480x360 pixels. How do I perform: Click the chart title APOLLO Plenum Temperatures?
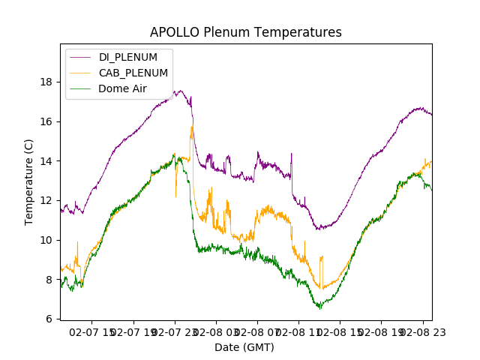(246, 32)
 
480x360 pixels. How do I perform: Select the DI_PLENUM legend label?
(128, 57)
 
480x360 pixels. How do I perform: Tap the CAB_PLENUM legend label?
(133, 73)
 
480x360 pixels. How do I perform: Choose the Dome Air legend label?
(123, 88)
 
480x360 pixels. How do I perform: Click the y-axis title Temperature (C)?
(29, 181)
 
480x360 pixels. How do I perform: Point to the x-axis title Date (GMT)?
(244, 347)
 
